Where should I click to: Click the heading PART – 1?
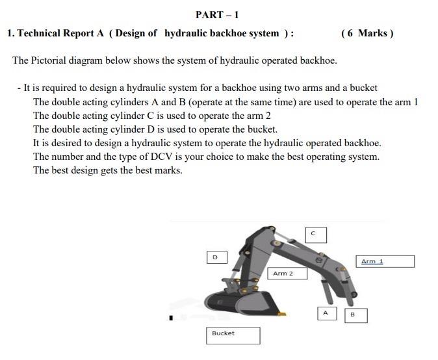[x=217, y=14]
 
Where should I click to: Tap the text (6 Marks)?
[x=367, y=33]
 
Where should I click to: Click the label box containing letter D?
[x=216, y=257]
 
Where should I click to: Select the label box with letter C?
[x=315, y=234]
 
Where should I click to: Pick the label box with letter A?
[x=326, y=313]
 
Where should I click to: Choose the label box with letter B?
[x=355, y=315]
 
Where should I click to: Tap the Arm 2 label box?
[x=287, y=274]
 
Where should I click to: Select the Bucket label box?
[x=233, y=335]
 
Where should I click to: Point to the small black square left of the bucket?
[x=172, y=318]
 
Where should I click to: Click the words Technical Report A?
[x=62, y=33]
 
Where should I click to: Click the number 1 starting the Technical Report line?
[x=9, y=33]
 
